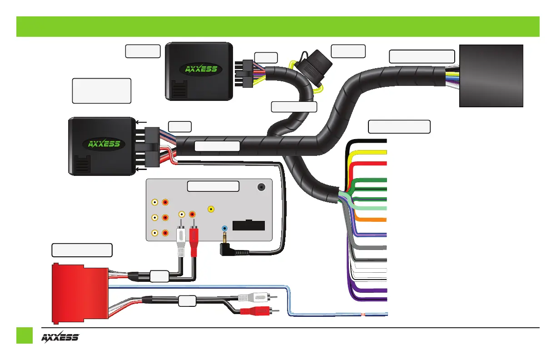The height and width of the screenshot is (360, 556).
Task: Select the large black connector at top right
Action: [x=491, y=75]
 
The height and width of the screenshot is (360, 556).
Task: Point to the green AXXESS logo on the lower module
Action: [x=104, y=145]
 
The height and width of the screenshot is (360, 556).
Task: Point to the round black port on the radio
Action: [x=261, y=187]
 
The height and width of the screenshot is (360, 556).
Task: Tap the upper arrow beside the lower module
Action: [x=140, y=122]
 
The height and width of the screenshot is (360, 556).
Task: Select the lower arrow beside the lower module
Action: [x=140, y=169]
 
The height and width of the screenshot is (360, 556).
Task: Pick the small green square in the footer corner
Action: [x=25, y=335]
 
